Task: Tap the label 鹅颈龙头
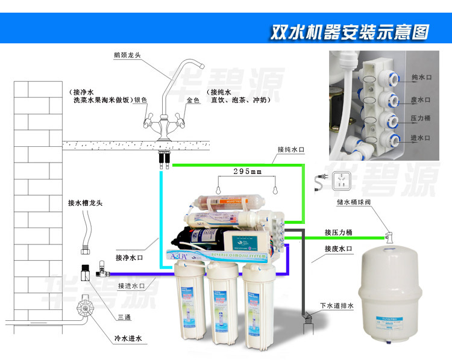[x=127, y=55]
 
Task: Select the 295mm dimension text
[x=248, y=172]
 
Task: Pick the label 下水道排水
[x=337, y=306]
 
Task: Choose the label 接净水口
[x=130, y=258]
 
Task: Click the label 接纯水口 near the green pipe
[x=292, y=149]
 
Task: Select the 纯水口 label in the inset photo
[x=421, y=77]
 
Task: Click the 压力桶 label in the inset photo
[x=421, y=119]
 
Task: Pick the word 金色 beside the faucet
[x=193, y=101]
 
